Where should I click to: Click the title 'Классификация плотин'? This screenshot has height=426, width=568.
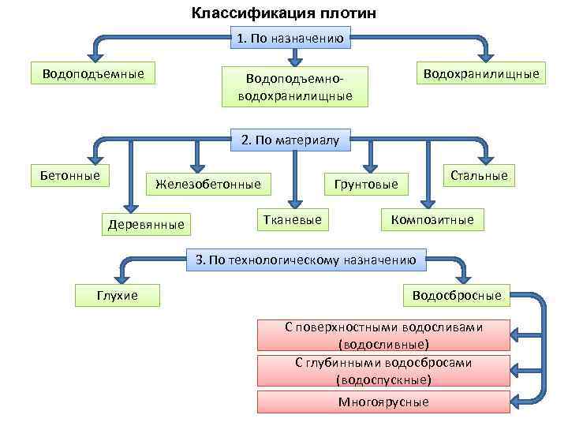(x=284, y=13)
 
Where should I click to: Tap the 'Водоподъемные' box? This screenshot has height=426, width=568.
(x=92, y=74)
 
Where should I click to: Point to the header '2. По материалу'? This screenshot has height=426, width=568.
(x=290, y=140)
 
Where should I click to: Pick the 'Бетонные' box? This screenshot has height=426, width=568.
(x=70, y=174)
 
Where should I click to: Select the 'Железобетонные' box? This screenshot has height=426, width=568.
(x=208, y=185)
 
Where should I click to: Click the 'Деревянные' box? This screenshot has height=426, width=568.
(x=146, y=225)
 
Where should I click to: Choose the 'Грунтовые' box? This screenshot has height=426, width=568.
(x=367, y=185)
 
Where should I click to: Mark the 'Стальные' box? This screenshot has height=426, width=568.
(x=479, y=175)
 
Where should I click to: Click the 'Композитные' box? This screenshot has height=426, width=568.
(x=433, y=219)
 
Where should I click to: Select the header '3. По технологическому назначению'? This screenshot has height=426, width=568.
(x=305, y=260)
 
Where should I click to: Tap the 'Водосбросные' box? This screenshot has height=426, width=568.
(x=457, y=295)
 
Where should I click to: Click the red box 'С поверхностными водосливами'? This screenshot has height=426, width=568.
(x=383, y=335)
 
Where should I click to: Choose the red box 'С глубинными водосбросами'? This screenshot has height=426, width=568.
(x=383, y=371)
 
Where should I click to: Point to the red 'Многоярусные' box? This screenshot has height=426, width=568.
(x=383, y=402)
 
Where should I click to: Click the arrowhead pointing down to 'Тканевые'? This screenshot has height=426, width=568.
(x=293, y=200)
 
